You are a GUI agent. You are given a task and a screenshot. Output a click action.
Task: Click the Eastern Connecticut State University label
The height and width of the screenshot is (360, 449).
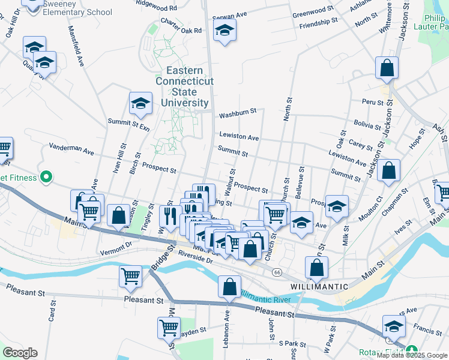[184, 86]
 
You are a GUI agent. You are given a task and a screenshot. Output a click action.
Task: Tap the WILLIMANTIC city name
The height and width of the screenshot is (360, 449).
[318, 286]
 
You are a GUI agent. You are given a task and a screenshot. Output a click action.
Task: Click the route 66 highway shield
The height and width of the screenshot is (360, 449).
[277, 272]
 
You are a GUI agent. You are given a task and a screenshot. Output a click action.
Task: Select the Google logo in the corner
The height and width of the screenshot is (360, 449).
[20, 353]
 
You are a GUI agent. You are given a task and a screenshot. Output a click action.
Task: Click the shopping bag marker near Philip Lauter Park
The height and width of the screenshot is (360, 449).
[387, 68]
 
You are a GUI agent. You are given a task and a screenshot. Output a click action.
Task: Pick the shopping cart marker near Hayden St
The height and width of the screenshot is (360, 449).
[169, 328]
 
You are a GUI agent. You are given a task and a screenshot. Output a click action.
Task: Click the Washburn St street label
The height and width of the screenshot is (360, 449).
[238, 112]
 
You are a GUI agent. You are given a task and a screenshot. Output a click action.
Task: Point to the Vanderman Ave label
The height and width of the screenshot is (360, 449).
[71, 149]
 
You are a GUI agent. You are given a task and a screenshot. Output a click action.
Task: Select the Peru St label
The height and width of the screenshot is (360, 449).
[372, 103]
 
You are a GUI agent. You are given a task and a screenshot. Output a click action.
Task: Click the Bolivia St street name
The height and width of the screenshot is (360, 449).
[367, 125]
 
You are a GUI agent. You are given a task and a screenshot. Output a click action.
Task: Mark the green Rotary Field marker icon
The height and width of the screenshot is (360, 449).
[411, 350]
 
